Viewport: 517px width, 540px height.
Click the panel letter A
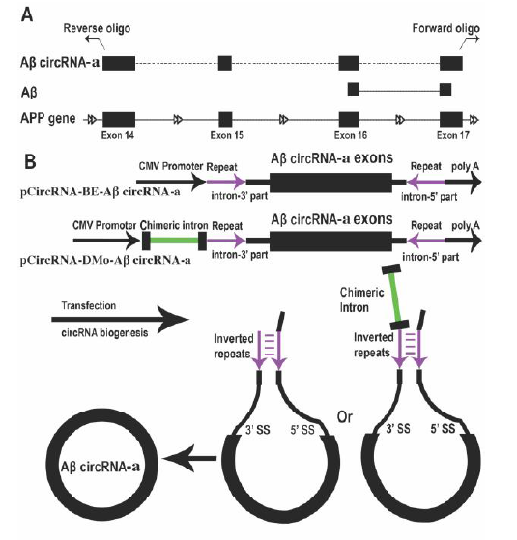coord(27,15)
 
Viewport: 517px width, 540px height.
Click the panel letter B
coord(30,161)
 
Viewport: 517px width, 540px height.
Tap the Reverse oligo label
coord(97,28)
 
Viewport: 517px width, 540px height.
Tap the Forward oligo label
coord(446,28)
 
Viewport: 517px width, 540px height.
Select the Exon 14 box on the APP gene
coord(119,119)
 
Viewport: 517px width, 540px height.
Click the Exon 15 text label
coord(227,135)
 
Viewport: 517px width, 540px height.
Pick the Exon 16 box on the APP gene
coord(349,119)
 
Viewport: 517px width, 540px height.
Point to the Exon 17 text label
coord(453,135)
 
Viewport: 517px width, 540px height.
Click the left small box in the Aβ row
coord(353,89)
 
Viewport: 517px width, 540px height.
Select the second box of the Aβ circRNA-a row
coord(225,63)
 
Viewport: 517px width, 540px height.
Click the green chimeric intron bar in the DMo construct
coord(174,240)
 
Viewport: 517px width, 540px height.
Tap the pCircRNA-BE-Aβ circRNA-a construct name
coord(101,192)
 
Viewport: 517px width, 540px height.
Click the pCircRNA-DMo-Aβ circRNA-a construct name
coord(105,260)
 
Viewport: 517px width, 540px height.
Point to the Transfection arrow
coord(120,319)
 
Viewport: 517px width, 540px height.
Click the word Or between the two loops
coord(345,417)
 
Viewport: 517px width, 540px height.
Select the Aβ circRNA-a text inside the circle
coord(101,467)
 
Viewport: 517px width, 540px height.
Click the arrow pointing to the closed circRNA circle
coord(189,459)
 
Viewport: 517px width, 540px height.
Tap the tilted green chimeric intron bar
coord(395,297)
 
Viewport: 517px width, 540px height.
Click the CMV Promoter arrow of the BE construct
coord(171,182)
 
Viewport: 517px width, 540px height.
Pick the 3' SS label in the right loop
coord(398,429)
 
